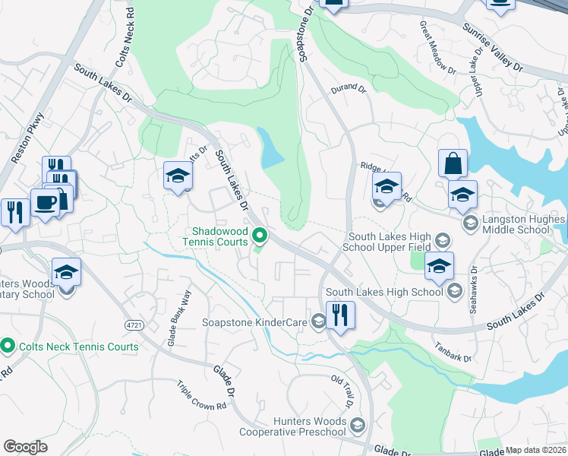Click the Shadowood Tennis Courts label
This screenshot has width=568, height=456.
tap(220, 236)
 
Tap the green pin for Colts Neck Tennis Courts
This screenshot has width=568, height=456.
tap(8, 346)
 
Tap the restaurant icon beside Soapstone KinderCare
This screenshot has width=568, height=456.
tap(339, 315)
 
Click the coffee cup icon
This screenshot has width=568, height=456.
tap(45, 203)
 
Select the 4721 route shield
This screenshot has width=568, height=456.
tap(134, 325)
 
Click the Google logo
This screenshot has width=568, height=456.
tap(25, 447)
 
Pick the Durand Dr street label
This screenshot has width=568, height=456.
tap(349, 89)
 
